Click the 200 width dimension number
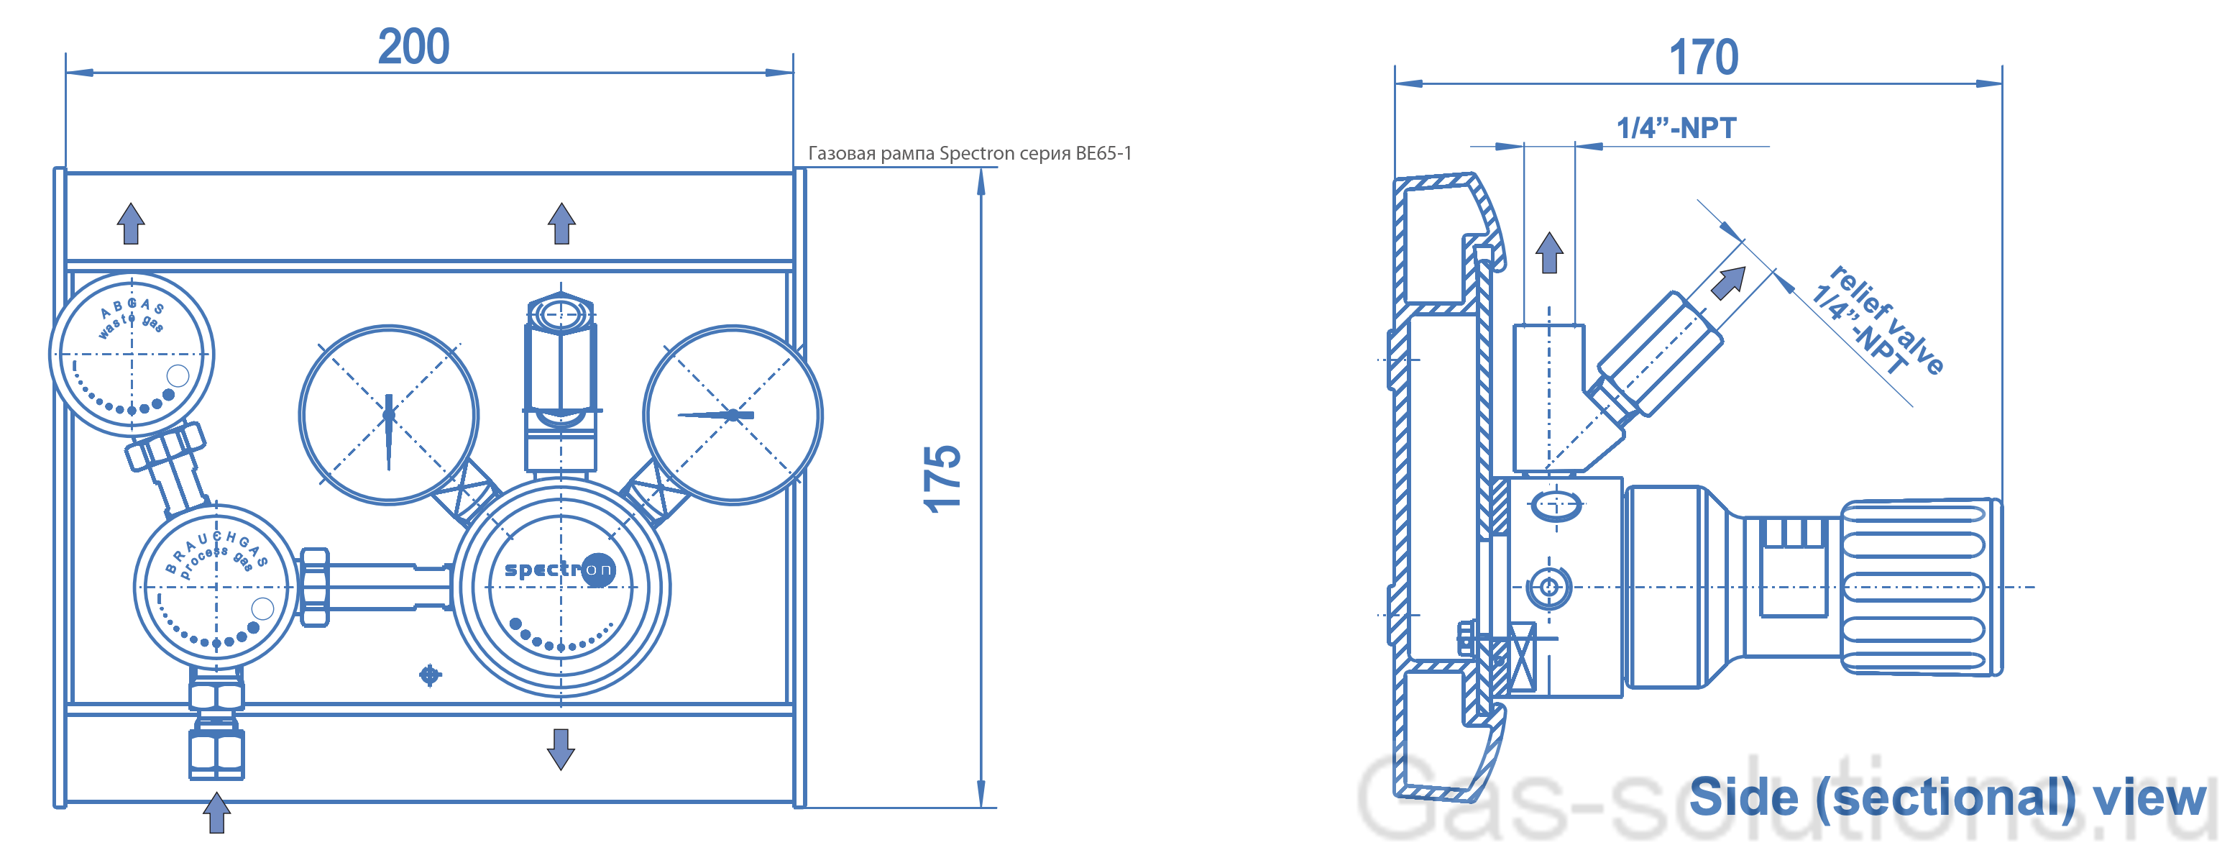414,46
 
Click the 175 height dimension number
942,478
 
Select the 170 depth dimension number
1704,58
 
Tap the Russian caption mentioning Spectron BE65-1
970,153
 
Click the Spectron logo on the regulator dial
560,570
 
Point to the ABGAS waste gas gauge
132,355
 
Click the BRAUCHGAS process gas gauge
216,588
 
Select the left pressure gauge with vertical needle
389,415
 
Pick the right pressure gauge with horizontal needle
733,415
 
